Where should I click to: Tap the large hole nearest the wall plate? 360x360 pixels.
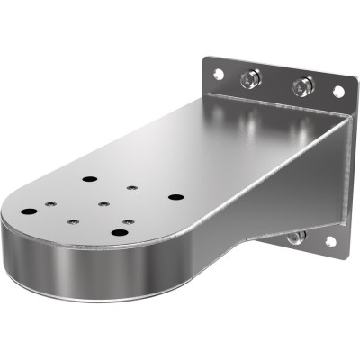175,196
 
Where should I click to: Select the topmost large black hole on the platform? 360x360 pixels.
88,179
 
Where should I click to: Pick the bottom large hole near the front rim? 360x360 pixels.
120,232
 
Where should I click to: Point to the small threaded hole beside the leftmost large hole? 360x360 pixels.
50,203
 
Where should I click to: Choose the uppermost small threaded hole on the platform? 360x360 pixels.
131,188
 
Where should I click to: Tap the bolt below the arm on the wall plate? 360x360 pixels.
294,237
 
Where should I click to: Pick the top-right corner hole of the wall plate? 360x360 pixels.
338,91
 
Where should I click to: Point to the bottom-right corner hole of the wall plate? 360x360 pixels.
330,242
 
